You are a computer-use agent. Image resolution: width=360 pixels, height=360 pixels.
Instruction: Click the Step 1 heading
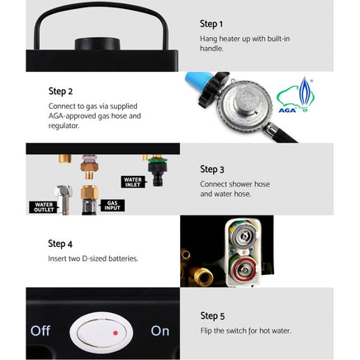tap(211, 24)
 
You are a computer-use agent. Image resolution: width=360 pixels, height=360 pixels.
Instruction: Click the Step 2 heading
tap(60, 92)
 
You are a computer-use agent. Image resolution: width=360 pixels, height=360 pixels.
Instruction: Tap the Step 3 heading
tap(212, 169)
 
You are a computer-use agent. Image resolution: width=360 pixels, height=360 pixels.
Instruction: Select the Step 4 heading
tap(60, 244)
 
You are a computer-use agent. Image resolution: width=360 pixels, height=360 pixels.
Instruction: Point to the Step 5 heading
tap(212, 315)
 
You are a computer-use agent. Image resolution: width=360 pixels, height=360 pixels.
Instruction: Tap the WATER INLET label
tap(133, 181)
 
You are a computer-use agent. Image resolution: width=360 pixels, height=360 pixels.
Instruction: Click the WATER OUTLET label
tap(44, 207)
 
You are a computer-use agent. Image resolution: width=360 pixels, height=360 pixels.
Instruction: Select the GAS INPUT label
tap(112, 205)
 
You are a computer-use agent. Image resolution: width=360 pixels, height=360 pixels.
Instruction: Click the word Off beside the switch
tap(40, 330)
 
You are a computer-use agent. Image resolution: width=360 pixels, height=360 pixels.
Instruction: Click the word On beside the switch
tap(160, 330)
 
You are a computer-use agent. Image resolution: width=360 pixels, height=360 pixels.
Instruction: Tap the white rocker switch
tap(102, 331)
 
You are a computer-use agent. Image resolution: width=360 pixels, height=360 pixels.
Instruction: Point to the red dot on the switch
tap(116, 332)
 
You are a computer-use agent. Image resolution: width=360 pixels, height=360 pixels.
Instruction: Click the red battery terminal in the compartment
tap(244, 268)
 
